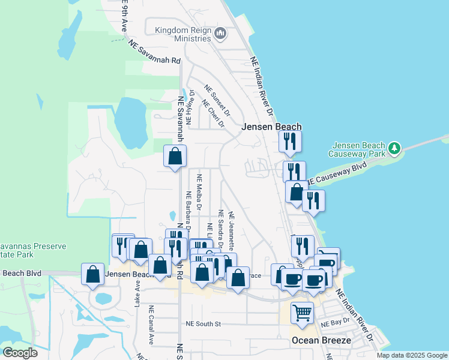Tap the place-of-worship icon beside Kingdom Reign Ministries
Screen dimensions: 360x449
coord(220,34)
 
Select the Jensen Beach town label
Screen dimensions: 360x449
coord(271,127)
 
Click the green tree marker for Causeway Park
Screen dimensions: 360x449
coord(394,148)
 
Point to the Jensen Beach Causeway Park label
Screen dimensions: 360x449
coord(358,150)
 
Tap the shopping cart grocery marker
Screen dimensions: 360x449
coord(302,313)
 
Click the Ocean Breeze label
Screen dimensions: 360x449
coord(321,340)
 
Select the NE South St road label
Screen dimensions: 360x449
coord(203,324)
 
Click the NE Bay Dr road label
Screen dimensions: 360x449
coord(335,324)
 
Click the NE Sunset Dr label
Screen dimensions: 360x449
coord(217,100)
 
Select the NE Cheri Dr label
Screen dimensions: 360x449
coord(213,114)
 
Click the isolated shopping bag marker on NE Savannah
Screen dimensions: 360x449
coord(175,157)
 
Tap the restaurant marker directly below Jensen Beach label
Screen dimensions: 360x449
coord(290,142)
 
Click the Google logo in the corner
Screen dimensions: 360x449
coord(20,353)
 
